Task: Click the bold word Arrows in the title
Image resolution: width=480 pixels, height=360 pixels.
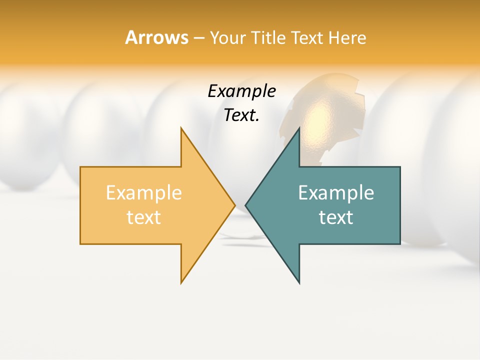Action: (x=156, y=37)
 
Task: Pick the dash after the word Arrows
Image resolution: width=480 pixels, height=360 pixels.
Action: (x=198, y=38)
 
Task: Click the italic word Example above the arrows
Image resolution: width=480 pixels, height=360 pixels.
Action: (x=241, y=91)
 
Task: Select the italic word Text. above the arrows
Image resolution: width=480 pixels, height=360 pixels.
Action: (x=241, y=115)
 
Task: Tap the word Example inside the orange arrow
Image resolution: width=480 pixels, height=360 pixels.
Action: (x=143, y=193)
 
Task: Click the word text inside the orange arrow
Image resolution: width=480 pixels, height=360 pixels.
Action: (x=143, y=217)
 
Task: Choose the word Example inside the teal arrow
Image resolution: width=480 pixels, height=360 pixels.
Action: (x=336, y=193)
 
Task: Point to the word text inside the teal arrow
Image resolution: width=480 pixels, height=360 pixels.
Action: (x=336, y=217)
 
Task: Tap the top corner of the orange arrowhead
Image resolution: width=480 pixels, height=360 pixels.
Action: (x=181, y=128)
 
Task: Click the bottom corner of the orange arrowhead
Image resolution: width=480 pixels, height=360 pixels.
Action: (x=181, y=282)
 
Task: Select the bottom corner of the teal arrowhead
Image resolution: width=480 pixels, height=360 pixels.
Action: (x=299, y=282)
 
